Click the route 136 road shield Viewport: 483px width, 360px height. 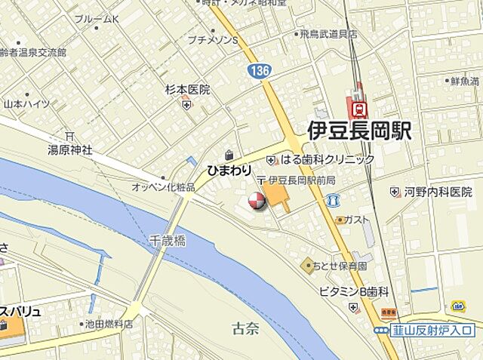[x=257, y=70]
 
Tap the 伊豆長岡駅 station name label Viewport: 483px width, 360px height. [x=359, y=131]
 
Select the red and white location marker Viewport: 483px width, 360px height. [x=256, y=202]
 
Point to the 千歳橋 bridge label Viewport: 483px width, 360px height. [x=168, y=241]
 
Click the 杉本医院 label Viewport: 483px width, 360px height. [x=187, y=89]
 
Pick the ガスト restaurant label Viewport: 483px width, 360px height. [x=357, y=220]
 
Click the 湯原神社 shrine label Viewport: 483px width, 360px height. [x=70, y=150]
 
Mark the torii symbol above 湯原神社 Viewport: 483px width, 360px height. [x=69, y=136]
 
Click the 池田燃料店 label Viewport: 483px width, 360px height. [x=109, y=324]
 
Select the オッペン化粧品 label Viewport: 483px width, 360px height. [x=163, y=186]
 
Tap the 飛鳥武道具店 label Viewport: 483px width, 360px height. [x=332, y=34]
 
